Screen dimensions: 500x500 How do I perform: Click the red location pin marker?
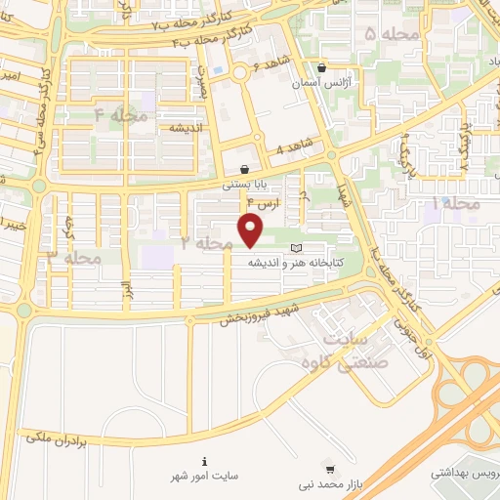pos(252,230)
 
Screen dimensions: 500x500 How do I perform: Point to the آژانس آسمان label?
pos(322,83)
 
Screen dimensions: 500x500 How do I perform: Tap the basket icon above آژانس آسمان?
pos(322,68)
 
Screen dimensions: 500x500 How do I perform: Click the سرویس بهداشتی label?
pos(466,472)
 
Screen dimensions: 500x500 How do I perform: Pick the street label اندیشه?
pos(185,129)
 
